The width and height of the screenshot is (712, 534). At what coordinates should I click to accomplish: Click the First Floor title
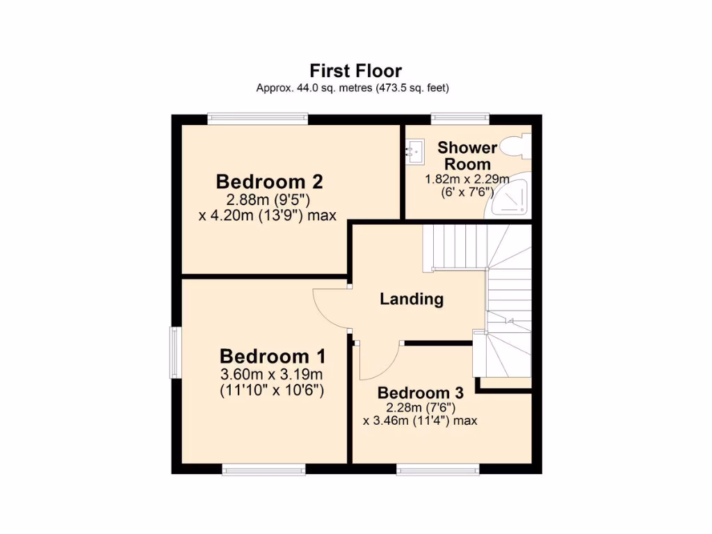tap(355, 70)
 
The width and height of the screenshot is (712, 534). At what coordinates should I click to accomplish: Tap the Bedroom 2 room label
tap(269, 181)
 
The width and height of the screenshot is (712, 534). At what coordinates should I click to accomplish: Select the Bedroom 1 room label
tap(273, 356)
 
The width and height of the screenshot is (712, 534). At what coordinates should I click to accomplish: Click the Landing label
tap(412, 299)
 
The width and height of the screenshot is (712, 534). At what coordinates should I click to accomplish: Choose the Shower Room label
tap(467, 156)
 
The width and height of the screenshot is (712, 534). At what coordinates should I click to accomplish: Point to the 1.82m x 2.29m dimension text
tap(467, 179)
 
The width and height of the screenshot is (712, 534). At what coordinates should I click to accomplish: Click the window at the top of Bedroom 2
tap(258, 118)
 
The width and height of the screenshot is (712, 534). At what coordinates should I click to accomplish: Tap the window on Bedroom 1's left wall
tap(176, 353)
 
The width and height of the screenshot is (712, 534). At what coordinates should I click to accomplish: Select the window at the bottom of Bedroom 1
tap(264, 470)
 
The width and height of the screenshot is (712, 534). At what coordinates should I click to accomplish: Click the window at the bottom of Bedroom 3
tap(438, 470)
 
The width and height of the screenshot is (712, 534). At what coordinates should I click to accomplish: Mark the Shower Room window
tap(460, 118)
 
